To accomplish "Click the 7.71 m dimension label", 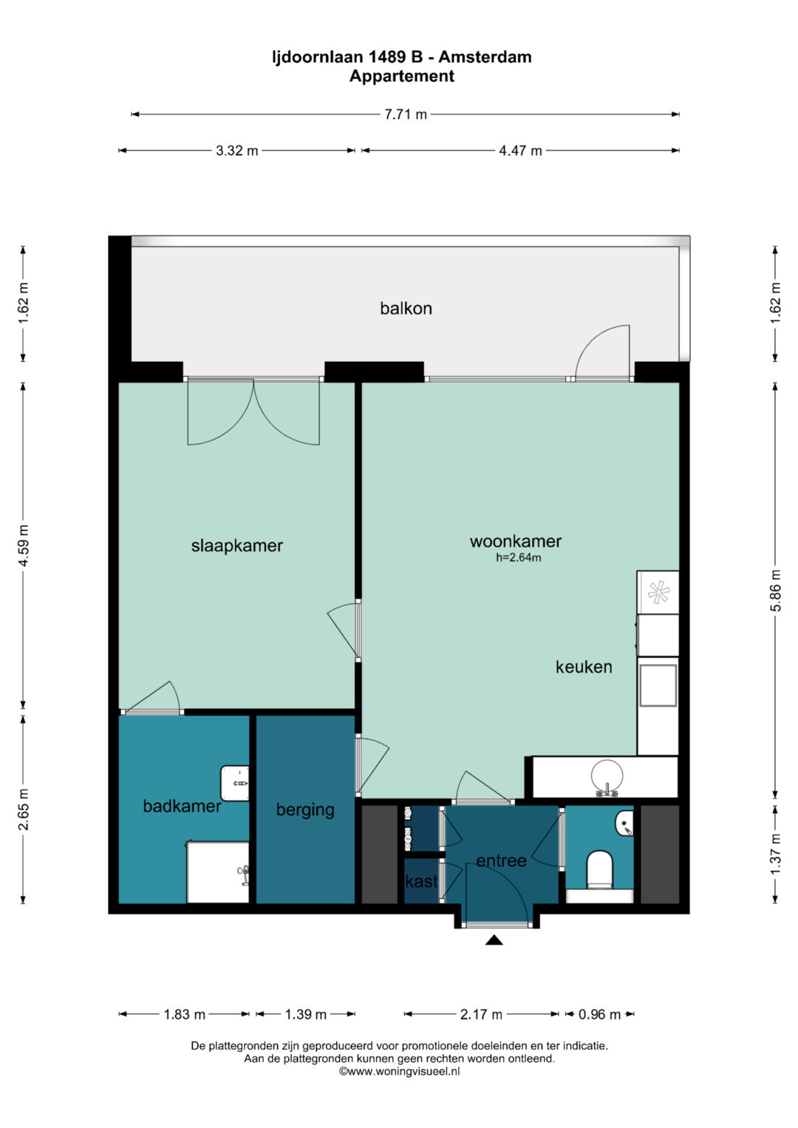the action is pos(406,114).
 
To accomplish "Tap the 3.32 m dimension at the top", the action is pos(236,151).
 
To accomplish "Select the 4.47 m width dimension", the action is pos(520,151).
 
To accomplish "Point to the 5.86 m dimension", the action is pos(776,590).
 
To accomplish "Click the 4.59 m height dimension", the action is pos(23,545).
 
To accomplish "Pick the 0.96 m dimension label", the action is pos(599,1014).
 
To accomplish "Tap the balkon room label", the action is pos(406,308).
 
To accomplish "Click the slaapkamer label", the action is pos(236,546).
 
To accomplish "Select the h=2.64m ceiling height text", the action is pos(519,558).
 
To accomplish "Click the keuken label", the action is pos(584,667).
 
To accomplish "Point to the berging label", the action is pos(305,810).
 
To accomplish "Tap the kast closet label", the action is pos(422,881).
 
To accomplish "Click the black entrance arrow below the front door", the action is pos(494,940).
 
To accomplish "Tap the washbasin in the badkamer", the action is pos(235,783).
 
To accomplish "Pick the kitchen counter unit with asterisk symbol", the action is pos(658,592).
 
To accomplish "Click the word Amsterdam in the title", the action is pos(485,57).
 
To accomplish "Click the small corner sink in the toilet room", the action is pos(624,824).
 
